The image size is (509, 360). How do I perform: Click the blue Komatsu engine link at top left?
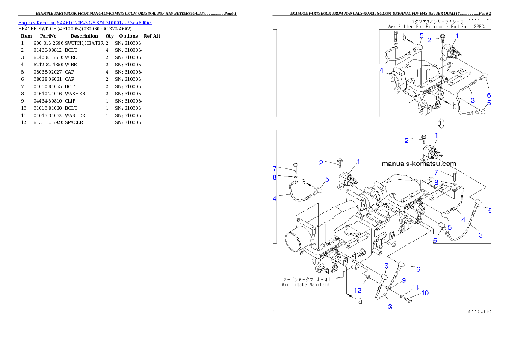pyautogui.click(x=85, y=23)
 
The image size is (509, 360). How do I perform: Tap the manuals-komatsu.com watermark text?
pyautogui.click(x=419, y=164)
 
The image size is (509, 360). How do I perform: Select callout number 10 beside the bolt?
pyautogui.click(x=425, y=293)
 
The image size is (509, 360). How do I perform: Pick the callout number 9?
pyautogui.click(x=403, y=281)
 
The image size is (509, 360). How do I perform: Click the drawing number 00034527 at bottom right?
pyautogui.click(x=479, y=312)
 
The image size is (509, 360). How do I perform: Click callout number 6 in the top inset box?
pyautogui.click(x=489, y=95)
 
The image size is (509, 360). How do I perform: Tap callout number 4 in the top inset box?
pyautogui.click(x=381, y=70)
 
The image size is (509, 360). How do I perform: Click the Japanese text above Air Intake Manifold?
pyautogui.click(x=305, y=279)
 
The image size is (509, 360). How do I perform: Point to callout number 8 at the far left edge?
pyautogui.click(x=275, y=177)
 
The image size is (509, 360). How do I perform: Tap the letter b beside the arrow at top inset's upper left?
pyautogui.click(x=404, y=38)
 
